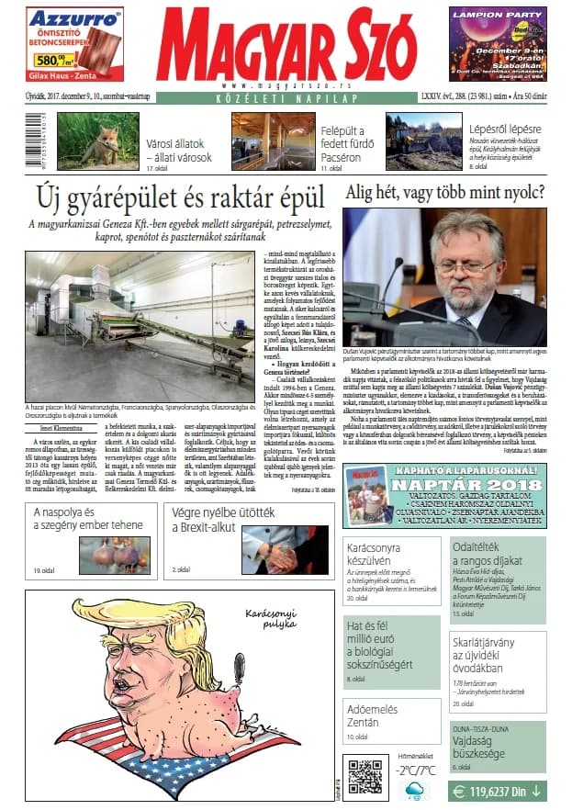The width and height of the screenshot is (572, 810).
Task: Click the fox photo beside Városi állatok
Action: (x=97, y=141)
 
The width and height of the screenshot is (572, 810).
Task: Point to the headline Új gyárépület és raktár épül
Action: (x=180, y=197)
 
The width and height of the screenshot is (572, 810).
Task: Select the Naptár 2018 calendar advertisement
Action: (x=444, y=495)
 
